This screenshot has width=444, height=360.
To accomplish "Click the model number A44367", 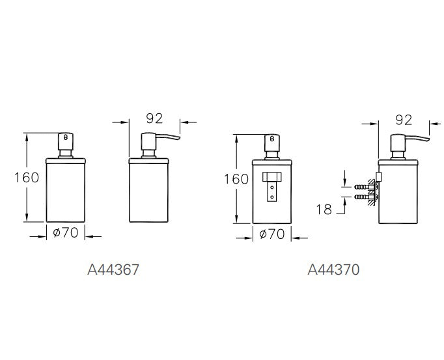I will coord(113,268).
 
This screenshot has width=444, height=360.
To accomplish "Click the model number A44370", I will coord(333,268).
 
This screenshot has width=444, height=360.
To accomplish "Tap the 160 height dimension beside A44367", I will coord(27,177).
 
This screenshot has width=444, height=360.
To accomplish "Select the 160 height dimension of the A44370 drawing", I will coord(236,178).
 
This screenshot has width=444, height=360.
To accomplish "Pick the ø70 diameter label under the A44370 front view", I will coord(272,234).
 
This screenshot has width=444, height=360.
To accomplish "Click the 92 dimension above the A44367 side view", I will coord(154,118).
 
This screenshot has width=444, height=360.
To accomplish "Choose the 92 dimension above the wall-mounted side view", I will coord(404,119).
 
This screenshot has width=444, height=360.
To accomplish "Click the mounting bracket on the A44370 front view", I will coord(271,185).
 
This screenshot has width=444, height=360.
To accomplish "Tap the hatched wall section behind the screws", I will coord(373,191).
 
